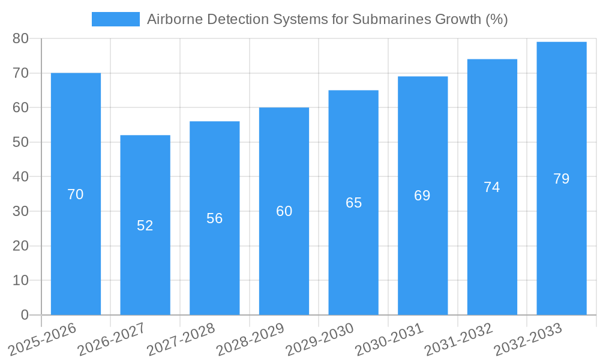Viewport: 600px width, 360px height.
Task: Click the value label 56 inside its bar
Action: point(215,218)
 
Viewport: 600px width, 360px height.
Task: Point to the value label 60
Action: point(284,211)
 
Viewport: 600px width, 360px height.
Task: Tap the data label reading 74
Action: point(492,187)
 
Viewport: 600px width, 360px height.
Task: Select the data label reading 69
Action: point(422,196)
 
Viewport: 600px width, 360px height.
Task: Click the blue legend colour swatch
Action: point(115,19)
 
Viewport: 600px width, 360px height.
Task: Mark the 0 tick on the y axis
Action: point(25,315)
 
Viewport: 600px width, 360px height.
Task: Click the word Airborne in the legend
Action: point(173,19)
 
